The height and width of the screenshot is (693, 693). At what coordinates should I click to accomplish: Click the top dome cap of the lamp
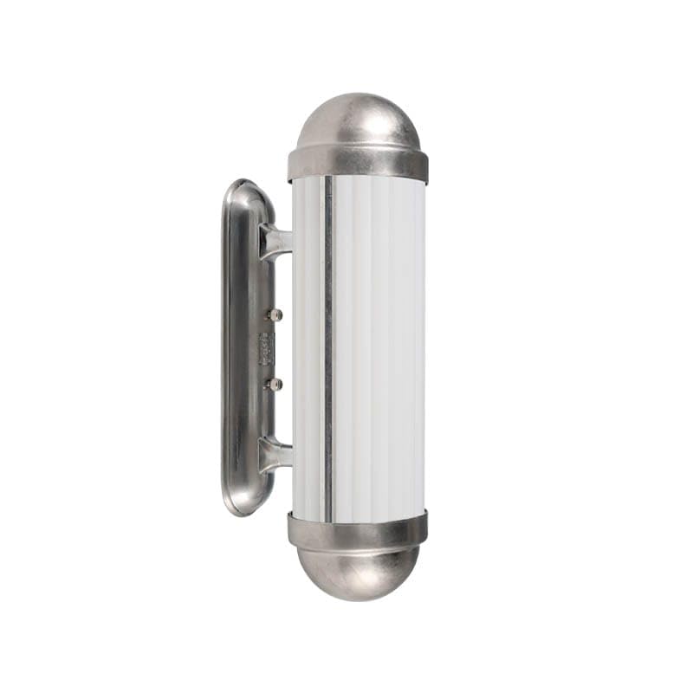358,121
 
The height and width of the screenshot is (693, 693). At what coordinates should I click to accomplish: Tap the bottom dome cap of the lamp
358,572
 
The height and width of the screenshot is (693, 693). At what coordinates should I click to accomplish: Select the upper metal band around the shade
358,164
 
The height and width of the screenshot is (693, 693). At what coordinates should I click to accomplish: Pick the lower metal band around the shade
358,530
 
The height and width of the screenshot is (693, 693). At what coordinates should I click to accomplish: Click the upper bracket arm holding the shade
276,241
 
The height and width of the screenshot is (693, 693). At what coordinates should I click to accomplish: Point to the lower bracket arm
276,453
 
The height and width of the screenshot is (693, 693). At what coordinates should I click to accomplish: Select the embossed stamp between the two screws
265,348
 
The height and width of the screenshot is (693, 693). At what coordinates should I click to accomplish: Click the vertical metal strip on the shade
327,346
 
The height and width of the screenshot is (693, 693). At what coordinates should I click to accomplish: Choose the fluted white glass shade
377,346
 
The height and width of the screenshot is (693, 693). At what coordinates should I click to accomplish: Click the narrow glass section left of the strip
308,346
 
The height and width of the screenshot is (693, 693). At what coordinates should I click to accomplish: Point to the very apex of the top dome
358,94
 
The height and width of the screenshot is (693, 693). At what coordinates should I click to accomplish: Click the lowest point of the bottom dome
358,599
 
